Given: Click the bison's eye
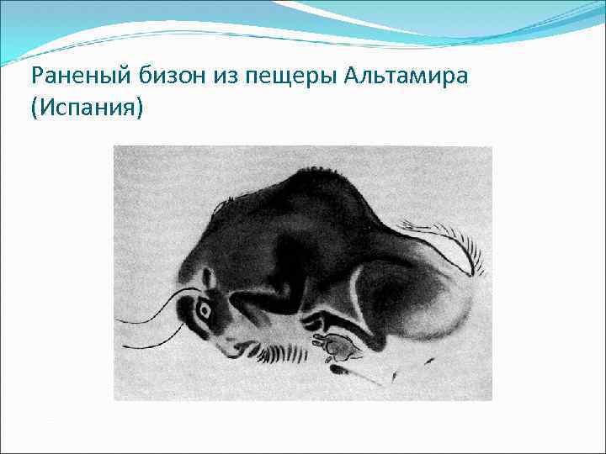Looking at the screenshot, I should point(204,310).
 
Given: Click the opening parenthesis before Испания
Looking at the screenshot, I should point(33,108).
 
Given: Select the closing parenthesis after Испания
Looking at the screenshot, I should point(141,108).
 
